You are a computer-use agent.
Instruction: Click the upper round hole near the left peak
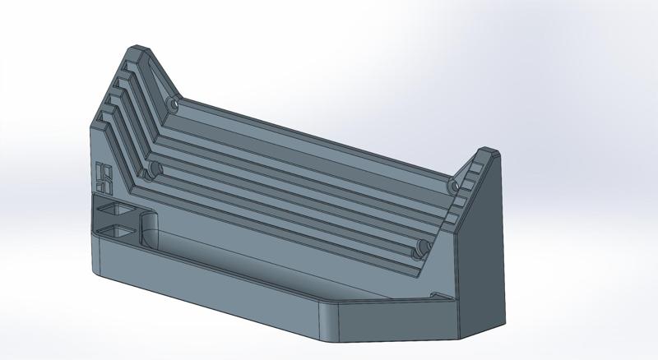[172, 105]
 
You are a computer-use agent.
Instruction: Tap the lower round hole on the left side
[149, 173]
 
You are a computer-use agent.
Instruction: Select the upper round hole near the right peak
[453, 186]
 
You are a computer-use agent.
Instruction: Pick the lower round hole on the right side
[420, 246]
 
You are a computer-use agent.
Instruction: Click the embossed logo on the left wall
[104, 174]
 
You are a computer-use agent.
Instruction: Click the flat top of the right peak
[488, 152]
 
